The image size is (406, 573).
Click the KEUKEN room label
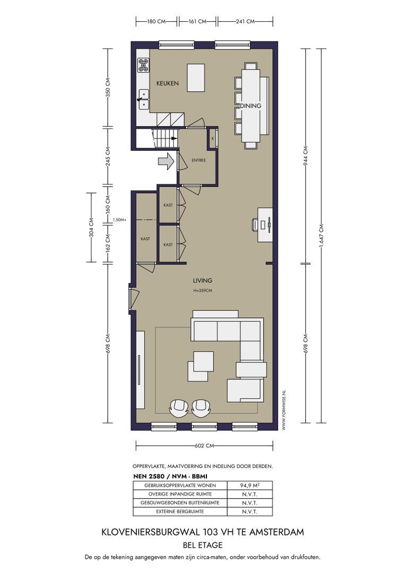[167, 83]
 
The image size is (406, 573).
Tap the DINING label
[250, 106]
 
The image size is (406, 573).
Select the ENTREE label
[199, 160]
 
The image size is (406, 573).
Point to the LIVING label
[202, 281]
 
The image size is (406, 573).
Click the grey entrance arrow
[166, 161]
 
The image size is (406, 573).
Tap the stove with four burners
[143, 65]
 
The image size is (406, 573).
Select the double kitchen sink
[143, 99]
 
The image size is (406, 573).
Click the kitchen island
[196, 77]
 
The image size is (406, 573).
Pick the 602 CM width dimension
[204, 446]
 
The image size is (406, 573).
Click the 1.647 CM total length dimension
[322, 236]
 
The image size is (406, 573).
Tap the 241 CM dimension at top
[245, 22]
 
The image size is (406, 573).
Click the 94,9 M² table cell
[250, 485]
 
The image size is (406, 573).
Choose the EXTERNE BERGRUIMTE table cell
[180, 511]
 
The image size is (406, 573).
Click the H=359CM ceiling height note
[203, 291]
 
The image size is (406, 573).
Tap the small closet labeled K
[213, 138]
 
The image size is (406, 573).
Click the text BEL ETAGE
[203, 545]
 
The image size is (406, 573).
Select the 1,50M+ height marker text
[119, 220]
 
